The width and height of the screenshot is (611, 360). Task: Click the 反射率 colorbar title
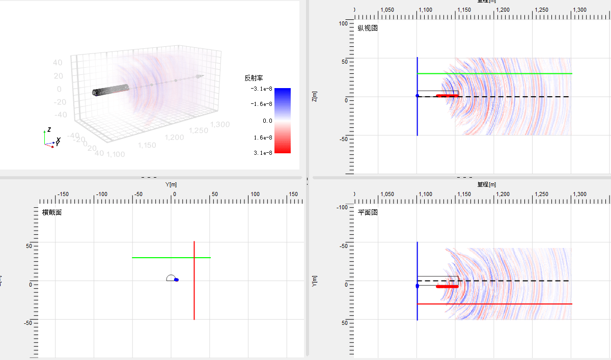point(254,78)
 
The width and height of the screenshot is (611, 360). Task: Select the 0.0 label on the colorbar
point(267,121)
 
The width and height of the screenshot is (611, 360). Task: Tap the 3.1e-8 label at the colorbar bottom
point(262,153)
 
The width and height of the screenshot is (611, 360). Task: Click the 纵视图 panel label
point(368,29)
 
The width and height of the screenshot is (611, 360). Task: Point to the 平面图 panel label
point(368,213)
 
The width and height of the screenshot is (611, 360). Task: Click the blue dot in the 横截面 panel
point(176,280)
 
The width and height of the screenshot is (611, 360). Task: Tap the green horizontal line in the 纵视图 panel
point(509,74)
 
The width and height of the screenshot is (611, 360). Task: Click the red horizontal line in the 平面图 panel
point(509,304)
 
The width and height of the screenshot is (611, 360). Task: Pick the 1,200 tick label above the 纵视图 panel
point(503,10)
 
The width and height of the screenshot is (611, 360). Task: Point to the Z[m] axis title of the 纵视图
point(315,96)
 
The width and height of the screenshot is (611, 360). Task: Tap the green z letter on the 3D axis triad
point(48,130)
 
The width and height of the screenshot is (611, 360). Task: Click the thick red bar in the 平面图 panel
point(447,287)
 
